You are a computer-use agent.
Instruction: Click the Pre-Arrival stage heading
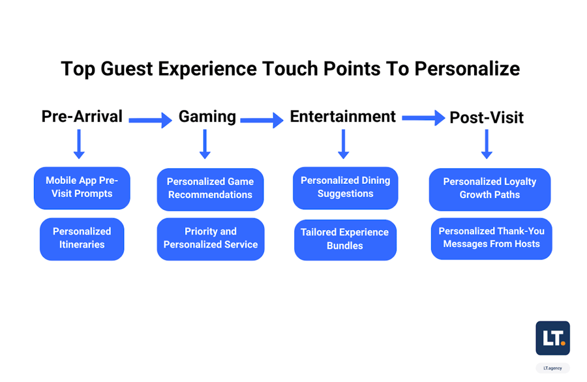[x=82, y=116]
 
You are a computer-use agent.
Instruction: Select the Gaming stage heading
[x=207, y=117]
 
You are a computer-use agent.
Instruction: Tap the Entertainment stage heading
[x=342, y=116]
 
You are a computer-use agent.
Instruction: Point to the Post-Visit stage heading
[x=487, y=117]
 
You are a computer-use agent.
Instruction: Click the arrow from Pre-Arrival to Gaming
[x=150, y=120]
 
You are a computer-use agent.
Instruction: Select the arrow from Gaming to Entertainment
[x=262, y=120]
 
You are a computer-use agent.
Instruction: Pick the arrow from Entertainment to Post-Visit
[x=423, y=118]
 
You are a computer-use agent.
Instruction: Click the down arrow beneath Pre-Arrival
[x=79, y=144]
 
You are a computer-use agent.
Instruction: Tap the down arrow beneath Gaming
[x=205, y=144]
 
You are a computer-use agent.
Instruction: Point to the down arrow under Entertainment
[x=343, y=144]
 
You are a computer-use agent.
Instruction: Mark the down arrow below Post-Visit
[x=487, y=144]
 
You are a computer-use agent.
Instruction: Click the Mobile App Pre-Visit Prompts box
[x=82, y=188]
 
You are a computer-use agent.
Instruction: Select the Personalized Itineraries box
[x=82, y=239]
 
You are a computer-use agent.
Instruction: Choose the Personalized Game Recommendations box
[x=211, y=189]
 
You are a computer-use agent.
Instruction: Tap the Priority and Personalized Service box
[x=211, y=239]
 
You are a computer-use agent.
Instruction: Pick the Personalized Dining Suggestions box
[x=346, y=188]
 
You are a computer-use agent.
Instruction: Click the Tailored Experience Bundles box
[x=345, y=240]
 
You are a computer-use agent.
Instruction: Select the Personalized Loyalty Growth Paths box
[x=490, y=189]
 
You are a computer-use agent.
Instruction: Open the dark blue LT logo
[x=552, y=338]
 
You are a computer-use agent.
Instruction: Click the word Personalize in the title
[x=467, y=69]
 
